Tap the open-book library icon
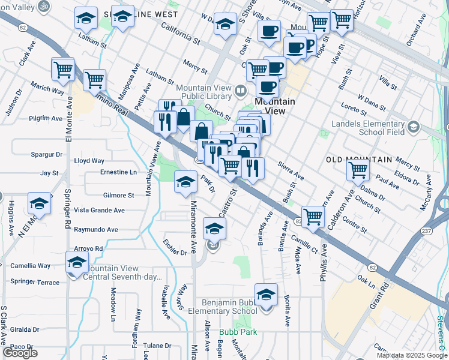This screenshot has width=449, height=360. [x=240, y=91]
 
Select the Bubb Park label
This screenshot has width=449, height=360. [x=238, y=331]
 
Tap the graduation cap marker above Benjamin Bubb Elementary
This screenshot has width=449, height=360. [x=266, y=295]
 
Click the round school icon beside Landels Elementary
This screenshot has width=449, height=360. [x=413, y=127]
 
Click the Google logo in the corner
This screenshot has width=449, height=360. [x=20, y=353]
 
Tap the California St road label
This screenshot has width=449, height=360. [x=181, y=34]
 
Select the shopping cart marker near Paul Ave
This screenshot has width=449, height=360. [x=358, y=170]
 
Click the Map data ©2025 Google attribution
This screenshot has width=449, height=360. [x=412, y=355]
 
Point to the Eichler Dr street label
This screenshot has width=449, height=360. [x=175, y=248]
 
